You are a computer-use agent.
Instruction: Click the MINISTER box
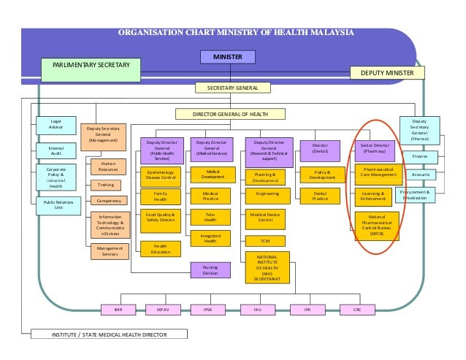227,56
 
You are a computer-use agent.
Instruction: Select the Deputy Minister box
387,73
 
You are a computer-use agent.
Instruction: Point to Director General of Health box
229,115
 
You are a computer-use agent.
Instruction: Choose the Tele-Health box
210,216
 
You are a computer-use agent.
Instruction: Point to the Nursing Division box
210,270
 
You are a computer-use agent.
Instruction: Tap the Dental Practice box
320,196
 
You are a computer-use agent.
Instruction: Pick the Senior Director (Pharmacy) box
375,149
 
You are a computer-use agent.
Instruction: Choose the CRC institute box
356,309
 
